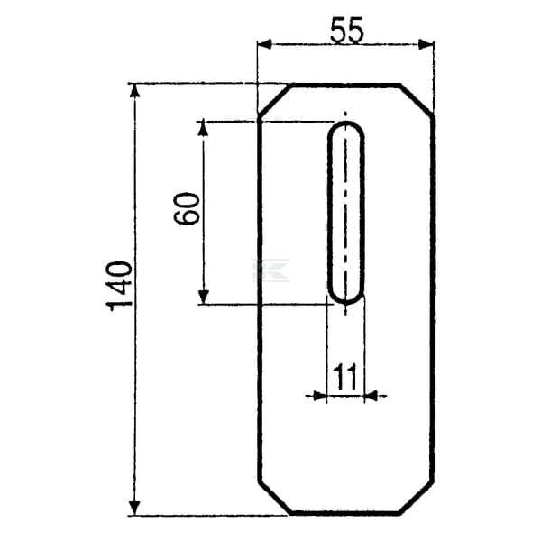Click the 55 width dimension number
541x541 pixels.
[347, 31]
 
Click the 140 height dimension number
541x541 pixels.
[119, 287]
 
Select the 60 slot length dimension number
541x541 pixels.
[187, 209]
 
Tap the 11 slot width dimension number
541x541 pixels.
[346, 377]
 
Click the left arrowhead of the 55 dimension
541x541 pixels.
[265, 44]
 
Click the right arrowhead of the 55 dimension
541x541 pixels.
[426, 44]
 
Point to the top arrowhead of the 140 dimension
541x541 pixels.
[134, 91]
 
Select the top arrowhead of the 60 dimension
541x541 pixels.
[204, 128]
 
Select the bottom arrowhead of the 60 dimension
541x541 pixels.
[204, 297]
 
